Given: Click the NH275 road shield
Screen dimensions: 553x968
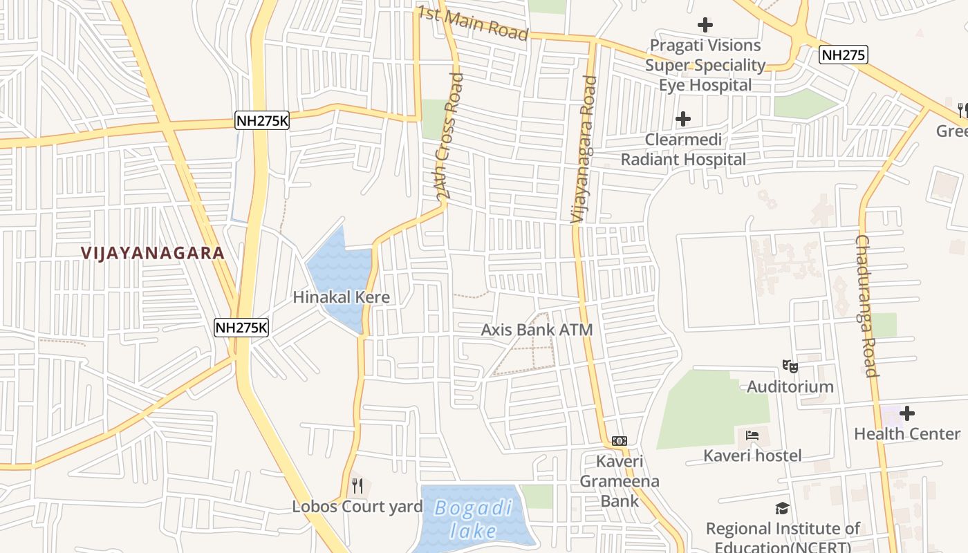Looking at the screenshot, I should pos(843,55).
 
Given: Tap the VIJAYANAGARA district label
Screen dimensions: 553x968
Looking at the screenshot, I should pos(153,253).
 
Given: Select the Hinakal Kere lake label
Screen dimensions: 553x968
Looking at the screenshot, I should pos(341,297).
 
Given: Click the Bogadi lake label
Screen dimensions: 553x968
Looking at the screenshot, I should pos(474,520).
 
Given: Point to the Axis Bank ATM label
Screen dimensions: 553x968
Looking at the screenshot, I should pos(537,330).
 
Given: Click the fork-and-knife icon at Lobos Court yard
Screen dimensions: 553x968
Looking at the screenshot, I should pos(357,486).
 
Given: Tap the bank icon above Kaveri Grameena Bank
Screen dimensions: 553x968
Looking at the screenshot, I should pos(620,441).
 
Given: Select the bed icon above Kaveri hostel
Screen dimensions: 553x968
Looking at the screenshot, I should pos(752,435).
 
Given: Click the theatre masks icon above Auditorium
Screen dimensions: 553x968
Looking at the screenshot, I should pos(790,366).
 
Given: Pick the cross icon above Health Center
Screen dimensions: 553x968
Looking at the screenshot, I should pos(906,413).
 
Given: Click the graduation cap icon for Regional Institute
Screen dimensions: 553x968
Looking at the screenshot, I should pos(782,509).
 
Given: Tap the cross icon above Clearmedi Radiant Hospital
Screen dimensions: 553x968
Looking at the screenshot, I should pos(682,119).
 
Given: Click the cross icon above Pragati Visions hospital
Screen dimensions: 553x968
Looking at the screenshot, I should pos(705,26).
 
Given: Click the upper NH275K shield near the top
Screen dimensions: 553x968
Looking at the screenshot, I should pos(262,120).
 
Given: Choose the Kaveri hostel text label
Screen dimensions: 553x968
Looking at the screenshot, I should pos(752,456).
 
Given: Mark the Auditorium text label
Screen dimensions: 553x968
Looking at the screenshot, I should pos(790,386).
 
